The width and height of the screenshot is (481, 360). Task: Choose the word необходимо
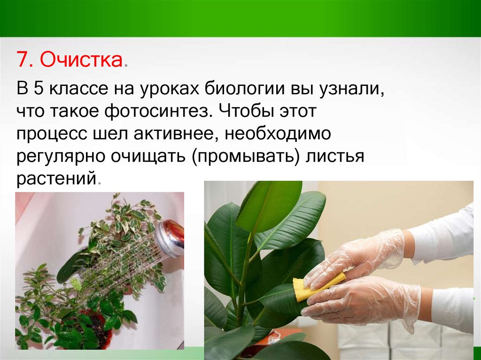(278, 134)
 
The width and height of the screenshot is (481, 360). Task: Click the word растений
(57, 179)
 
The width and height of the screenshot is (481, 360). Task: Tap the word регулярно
(61, 157)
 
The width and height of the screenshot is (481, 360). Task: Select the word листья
(335, 156)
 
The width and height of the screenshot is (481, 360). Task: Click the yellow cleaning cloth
(318, 285)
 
